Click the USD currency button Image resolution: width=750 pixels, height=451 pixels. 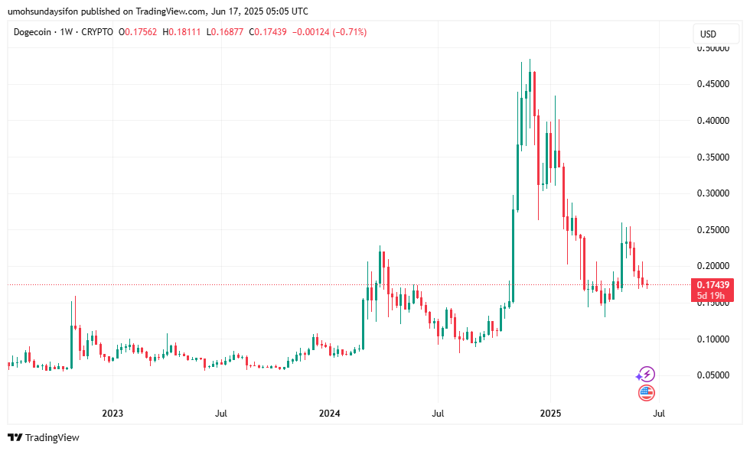(x=708, y=34)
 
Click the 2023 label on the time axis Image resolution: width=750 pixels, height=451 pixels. (x=112, y=414)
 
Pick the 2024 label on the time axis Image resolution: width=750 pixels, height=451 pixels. (x=330, y=414)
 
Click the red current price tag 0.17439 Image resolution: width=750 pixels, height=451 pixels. (x=711, y=284)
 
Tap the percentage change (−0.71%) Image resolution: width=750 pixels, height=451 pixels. (x=344, y=32)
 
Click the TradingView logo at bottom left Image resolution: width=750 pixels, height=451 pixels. (x=44, y=438)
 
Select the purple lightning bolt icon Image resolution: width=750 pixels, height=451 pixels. (x=647, y=374)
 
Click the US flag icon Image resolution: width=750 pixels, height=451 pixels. (x=647, y=393)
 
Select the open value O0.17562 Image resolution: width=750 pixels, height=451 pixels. (x=135, y=32)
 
